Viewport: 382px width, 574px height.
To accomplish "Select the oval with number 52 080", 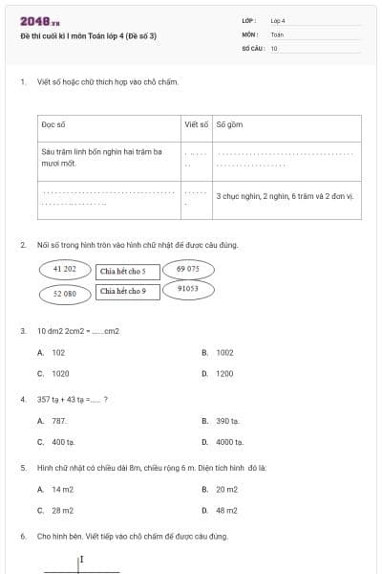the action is (65, 294).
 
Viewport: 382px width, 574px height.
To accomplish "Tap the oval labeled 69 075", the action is (188, 270).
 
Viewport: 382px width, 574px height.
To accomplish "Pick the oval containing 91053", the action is (188, 288).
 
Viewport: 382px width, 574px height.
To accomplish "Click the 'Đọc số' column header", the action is (53, 125).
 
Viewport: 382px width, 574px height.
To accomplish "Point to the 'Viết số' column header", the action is (196, 125).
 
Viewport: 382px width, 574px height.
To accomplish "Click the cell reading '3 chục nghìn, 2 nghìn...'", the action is (286, 196).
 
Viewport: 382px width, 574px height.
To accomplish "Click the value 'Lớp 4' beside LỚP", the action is (278, 20).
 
